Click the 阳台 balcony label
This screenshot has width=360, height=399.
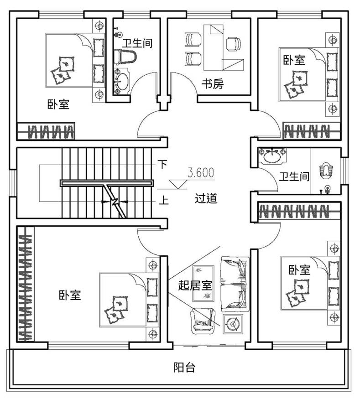(x=185, y=368)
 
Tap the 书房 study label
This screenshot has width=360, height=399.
(x=213, y=84)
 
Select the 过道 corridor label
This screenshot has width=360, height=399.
(x=206, y=198)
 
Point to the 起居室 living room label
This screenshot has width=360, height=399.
(x=195, y=285)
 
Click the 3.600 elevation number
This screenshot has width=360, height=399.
(x=201, y=172)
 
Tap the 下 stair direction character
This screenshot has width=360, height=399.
(x=163, y=164)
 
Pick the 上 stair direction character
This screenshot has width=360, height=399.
(x=164, y=200)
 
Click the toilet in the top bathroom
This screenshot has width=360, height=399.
(x=125, y=57)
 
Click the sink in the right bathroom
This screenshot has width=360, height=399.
(x=272, y=155)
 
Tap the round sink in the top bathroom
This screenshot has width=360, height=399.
(x=122, y=82)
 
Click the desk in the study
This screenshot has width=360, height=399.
(x=223, y=47)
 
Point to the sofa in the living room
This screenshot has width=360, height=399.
(x=235, y=284)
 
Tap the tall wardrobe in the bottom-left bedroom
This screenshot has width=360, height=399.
(x=26, y=284)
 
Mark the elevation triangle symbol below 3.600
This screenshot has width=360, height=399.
(x=178, y=184)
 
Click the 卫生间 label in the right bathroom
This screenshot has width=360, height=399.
(x=294, y=176)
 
